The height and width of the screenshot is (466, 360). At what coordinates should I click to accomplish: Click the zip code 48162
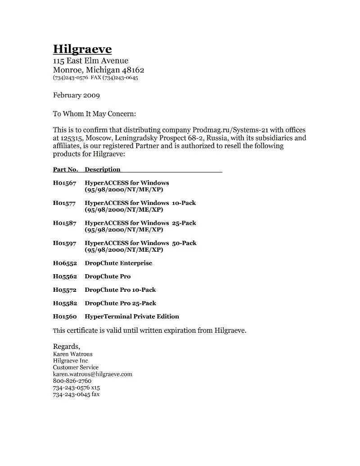(133, 70)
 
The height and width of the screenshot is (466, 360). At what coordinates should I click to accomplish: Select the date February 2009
(76, 95)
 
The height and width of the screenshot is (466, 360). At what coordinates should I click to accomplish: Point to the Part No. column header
(66, 170)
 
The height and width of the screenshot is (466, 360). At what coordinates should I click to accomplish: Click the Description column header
(103, 170)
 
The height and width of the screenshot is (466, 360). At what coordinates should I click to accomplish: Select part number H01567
(65, 183)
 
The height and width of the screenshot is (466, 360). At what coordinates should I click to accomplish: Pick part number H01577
(65, 203)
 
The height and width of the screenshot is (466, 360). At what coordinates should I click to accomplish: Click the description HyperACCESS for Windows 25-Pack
(140, 223)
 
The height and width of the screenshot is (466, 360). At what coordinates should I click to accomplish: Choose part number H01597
(65, 243)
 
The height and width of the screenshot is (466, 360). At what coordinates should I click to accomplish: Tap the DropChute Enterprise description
(118, 263)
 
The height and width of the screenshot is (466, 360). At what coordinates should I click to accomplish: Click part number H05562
(65, 276)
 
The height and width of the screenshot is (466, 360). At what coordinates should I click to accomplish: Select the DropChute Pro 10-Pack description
(120, 290)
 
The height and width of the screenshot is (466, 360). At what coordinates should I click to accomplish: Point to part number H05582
(65, 303)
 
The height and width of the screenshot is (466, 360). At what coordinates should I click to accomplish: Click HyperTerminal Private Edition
(132, 317)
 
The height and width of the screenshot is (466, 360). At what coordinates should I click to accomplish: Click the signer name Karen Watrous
(72, 354)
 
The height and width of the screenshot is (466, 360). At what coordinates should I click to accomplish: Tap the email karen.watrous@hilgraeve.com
(92, 374)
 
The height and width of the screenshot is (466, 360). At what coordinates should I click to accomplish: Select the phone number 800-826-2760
(72, 380)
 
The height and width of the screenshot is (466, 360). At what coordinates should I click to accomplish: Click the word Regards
(67, 347)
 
